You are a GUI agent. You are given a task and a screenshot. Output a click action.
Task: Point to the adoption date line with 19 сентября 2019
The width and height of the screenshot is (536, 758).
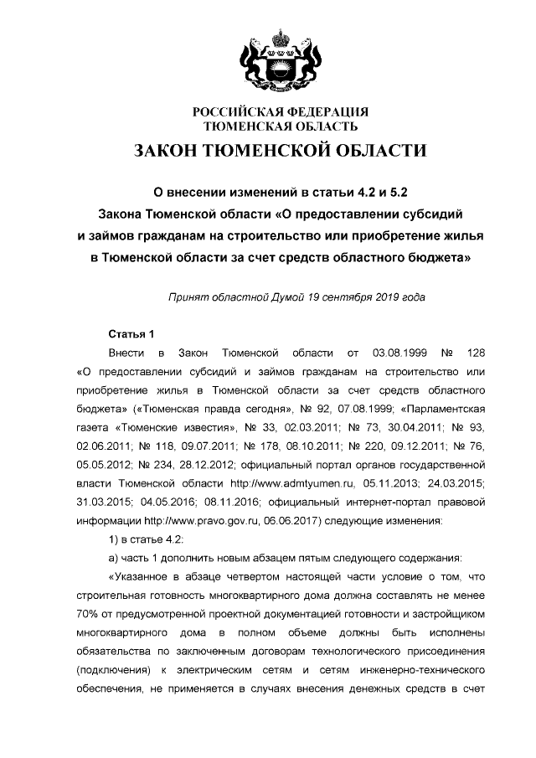coord(296,297)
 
